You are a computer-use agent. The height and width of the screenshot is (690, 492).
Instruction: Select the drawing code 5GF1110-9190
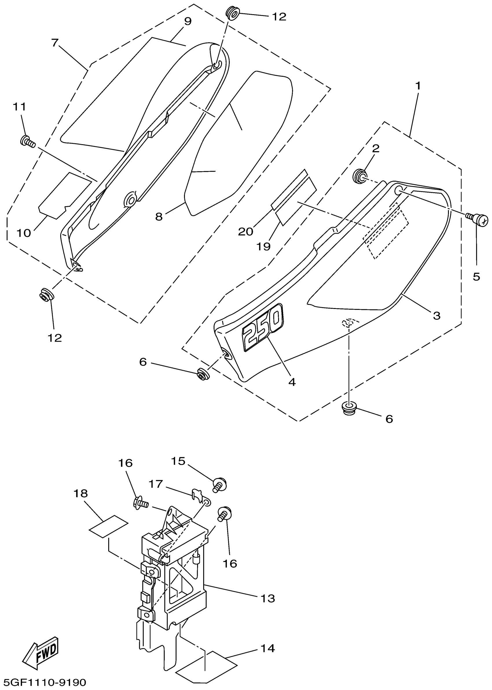(45, 682)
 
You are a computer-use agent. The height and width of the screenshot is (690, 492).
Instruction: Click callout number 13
(268, 598)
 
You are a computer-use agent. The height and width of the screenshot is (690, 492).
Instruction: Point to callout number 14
(268, 648)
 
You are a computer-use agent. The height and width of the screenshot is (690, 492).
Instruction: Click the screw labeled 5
(479, 219)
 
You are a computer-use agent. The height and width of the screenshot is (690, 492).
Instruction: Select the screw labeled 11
(27, 141)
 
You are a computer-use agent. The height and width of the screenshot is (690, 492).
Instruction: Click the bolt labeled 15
(220, 484)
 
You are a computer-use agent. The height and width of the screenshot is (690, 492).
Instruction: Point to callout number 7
(54, 43)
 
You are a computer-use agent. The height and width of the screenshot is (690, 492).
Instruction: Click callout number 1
(418, 86)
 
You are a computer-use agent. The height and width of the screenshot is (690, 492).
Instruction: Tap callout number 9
(188, 21)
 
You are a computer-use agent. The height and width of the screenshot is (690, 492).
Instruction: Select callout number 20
(245, 232)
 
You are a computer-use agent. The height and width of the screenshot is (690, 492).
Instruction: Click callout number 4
(292, 382)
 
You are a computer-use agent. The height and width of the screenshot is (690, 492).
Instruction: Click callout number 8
(159, 216)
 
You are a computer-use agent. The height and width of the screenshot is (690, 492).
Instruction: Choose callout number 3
(436, 316)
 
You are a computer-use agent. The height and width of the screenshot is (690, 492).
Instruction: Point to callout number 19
(264, 247)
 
